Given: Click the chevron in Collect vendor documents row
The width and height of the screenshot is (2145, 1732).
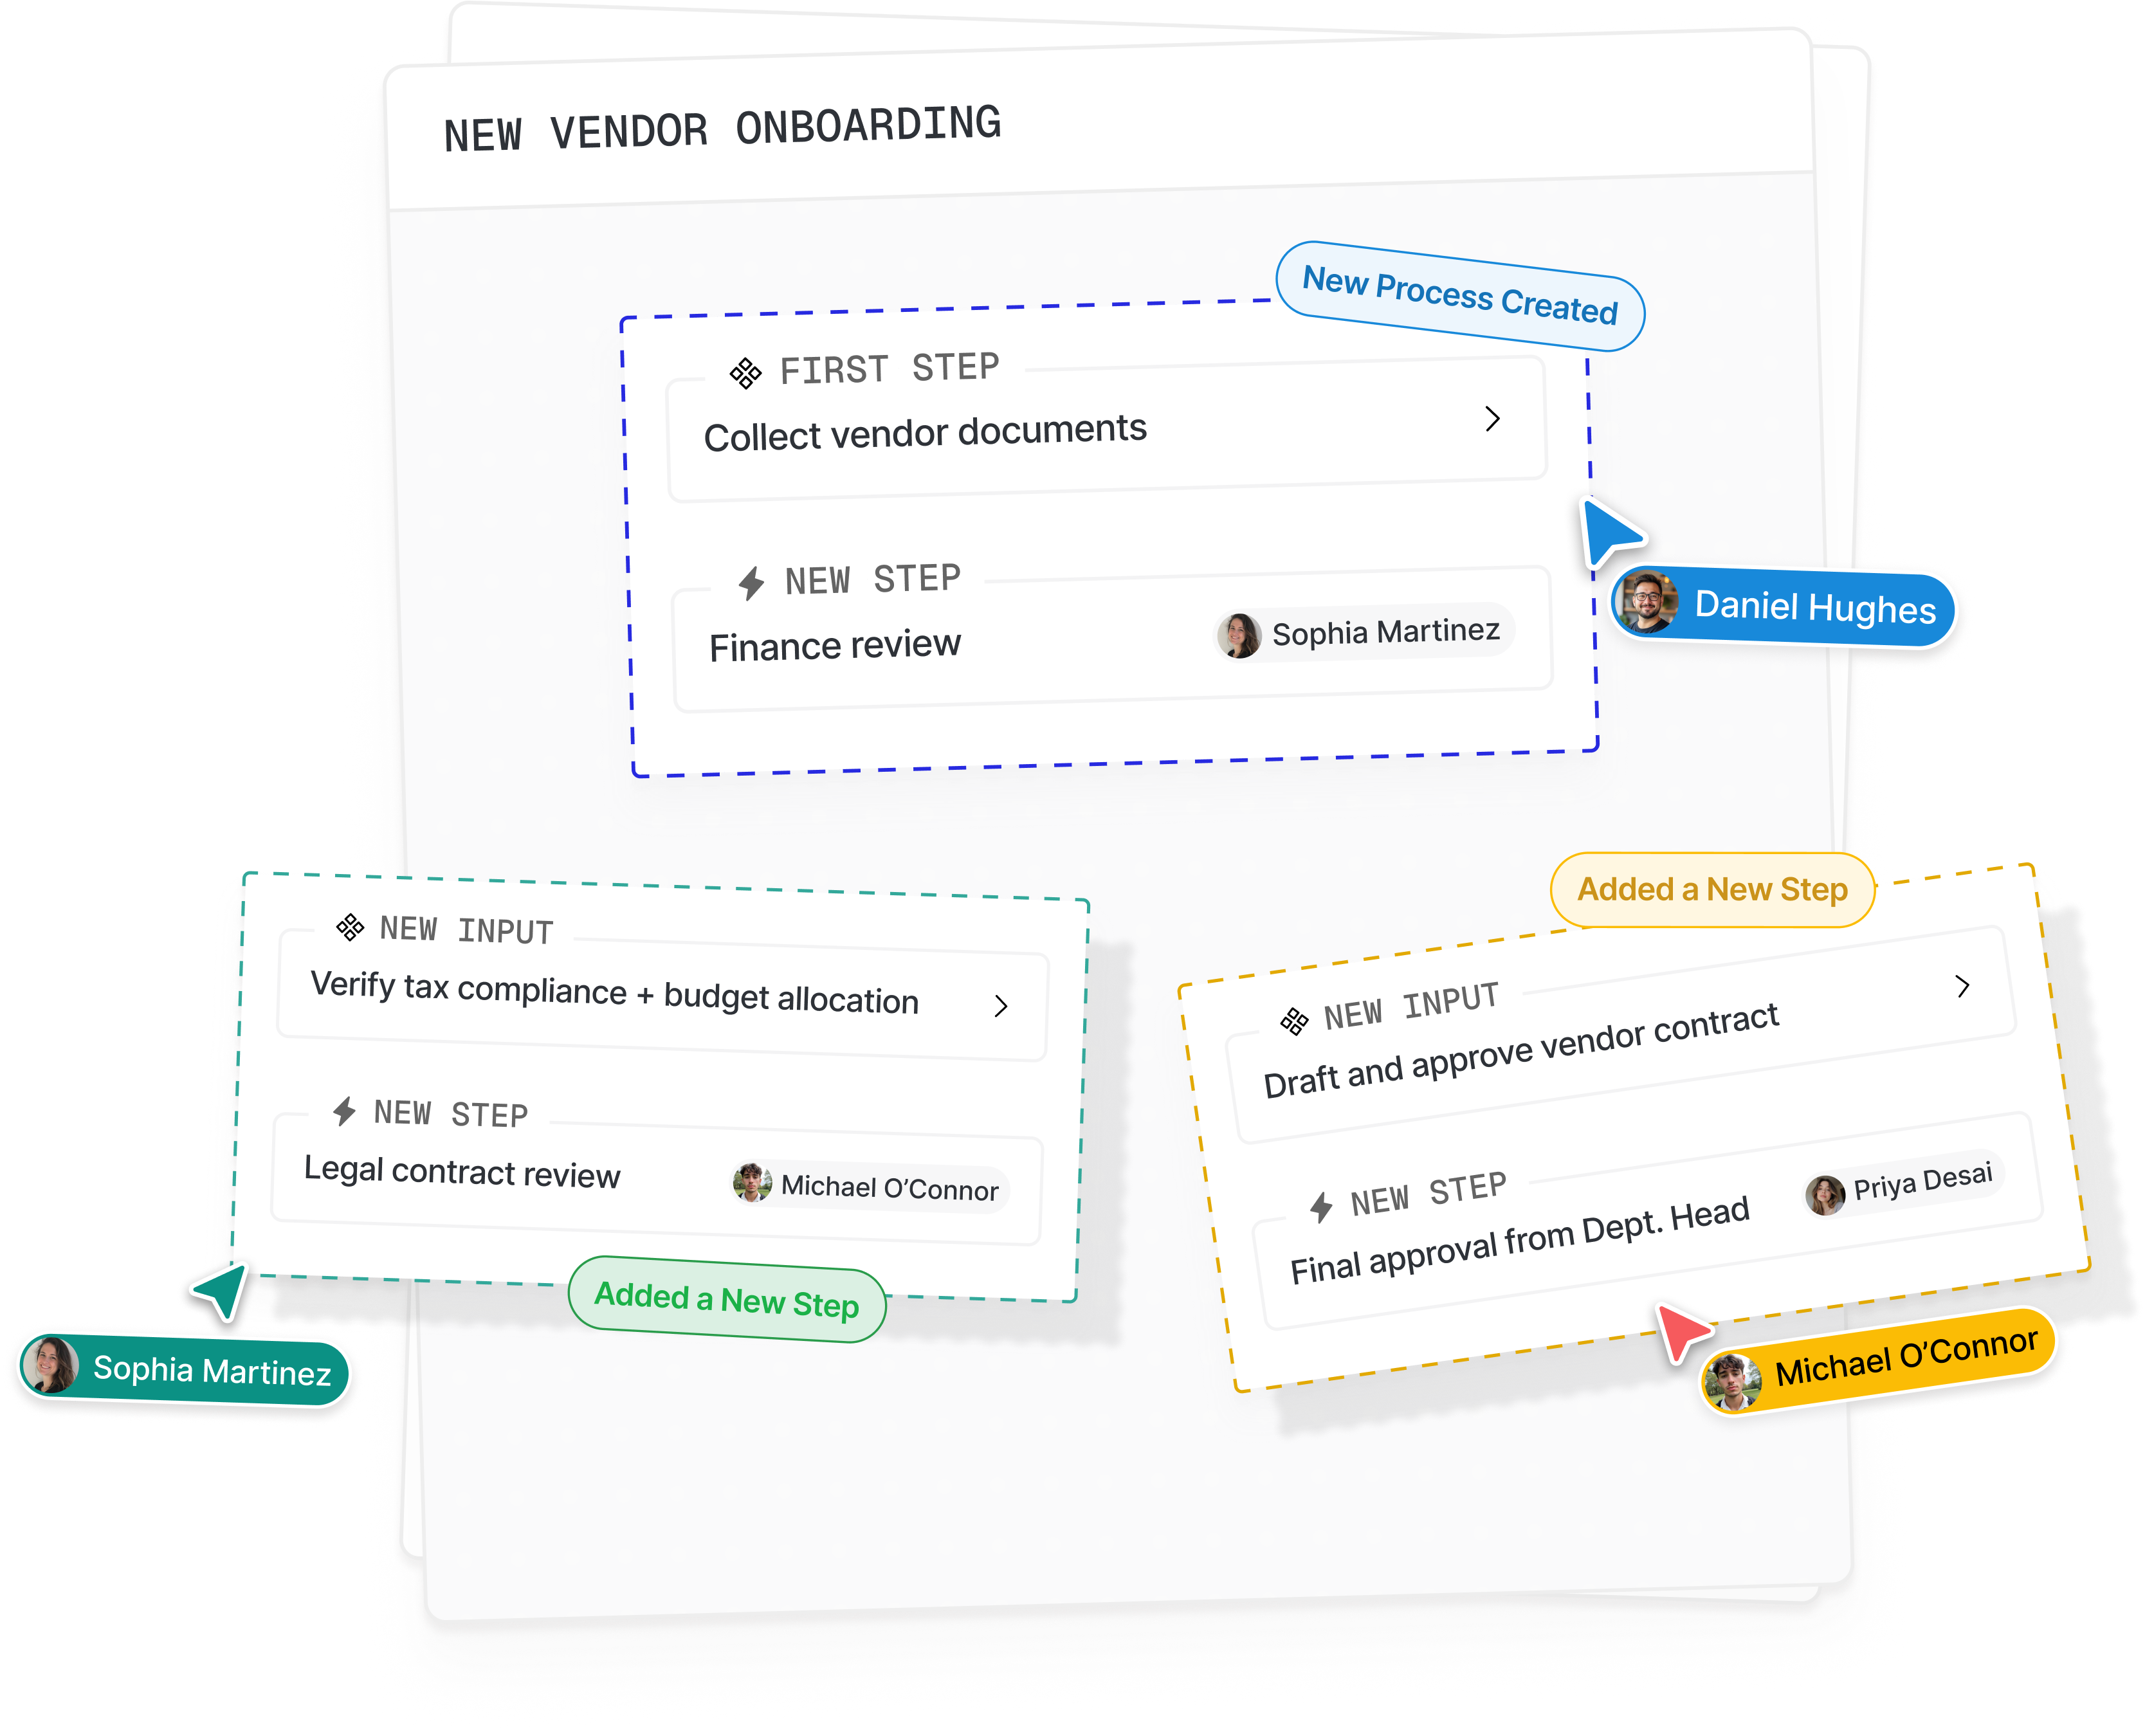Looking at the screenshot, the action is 1493,419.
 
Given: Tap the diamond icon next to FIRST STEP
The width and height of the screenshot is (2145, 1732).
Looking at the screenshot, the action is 745,373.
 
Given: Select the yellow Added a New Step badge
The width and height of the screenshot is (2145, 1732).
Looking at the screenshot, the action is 1712,889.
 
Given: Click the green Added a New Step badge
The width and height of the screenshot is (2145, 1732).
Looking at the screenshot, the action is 726,1299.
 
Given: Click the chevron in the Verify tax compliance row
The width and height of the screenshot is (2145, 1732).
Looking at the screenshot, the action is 1001,1006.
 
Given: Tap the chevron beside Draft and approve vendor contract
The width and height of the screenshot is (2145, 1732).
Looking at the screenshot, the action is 1962,986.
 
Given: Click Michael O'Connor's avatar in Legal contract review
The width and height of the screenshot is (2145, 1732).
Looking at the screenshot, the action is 751,1182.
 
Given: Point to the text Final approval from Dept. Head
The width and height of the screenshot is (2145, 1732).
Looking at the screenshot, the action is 1519,1240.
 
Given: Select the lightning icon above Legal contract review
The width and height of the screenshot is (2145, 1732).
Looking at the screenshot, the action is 344,1111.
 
